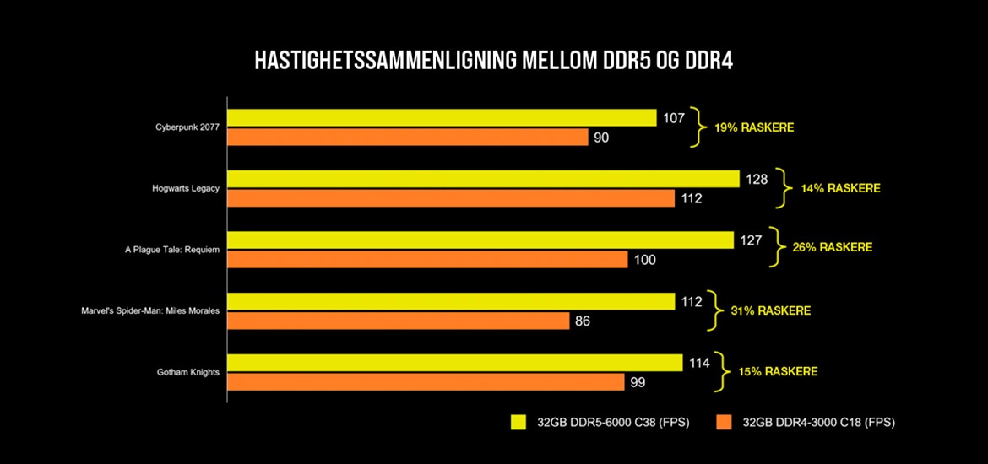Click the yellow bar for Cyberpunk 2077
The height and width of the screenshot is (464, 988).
coord(442,117)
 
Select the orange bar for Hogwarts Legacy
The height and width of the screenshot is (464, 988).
coord(451,198)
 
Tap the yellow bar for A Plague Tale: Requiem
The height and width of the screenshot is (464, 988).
coord(480,240)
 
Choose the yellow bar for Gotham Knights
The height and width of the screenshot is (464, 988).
coord(455,362)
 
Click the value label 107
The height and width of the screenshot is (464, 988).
coord(673,118)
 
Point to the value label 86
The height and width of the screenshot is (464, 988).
coord(582,321)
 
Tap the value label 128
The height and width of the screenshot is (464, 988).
coord(756,179)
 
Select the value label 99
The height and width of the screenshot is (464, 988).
coord(637,382)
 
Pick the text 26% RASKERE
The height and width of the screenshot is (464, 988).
coord(832,248)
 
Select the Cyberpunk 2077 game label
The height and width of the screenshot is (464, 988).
coord(187,127)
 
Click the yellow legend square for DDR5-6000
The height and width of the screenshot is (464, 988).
coord(518,421)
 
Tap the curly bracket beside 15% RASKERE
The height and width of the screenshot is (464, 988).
coord(719,371)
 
